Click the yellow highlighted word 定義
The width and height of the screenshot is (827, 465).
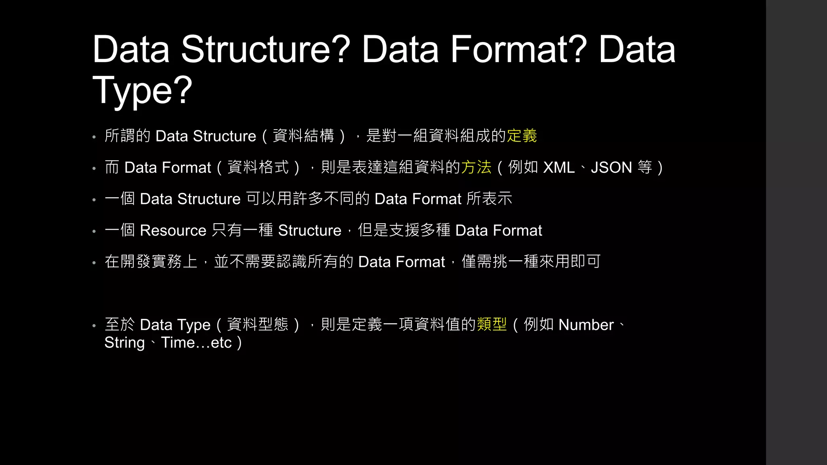[522, 136]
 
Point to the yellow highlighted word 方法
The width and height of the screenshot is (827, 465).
[476, 168]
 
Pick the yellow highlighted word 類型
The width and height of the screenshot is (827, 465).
[492, 325]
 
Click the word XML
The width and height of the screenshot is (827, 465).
[559, 168]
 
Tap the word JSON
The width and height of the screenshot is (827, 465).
[611, 168]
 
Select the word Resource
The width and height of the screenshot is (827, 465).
[173, 230]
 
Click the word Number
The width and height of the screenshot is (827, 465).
[586, 325]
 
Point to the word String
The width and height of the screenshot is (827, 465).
[124, 343]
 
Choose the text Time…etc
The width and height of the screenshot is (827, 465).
[196, 343]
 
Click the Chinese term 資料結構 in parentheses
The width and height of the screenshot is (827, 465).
[303, 136]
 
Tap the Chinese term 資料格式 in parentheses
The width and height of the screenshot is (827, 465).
[258, 168]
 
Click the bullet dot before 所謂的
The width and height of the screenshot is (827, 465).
[94, 137]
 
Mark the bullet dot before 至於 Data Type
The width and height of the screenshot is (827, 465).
[94, 326]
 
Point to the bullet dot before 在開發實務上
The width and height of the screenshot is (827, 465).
[94, 263]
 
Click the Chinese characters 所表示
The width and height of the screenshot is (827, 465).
[489, 199]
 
